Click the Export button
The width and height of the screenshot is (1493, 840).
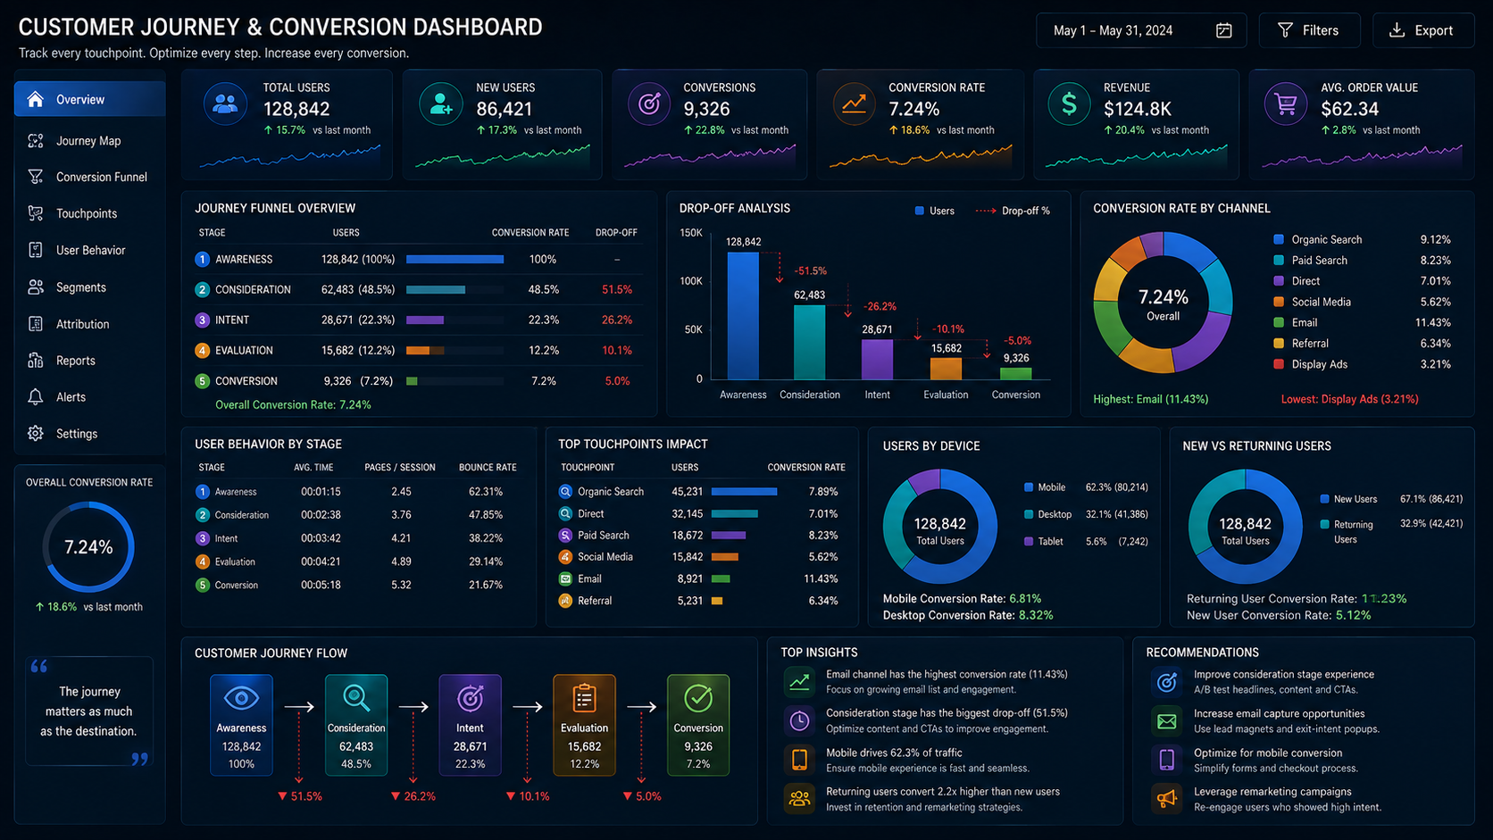1423,30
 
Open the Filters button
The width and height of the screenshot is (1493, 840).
1309,30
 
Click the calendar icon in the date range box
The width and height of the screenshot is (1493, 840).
1223,30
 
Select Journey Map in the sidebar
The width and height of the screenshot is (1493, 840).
88,140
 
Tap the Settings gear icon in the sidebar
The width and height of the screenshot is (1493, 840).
36,434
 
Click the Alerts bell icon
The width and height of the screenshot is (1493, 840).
36,397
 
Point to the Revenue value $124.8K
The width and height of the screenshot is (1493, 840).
1137,109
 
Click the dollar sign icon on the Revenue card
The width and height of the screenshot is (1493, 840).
1069,104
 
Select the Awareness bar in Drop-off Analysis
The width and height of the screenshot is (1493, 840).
743,316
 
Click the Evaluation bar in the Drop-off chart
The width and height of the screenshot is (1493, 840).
946,369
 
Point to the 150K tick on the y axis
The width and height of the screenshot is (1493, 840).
690,232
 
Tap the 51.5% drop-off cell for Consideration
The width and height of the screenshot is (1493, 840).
616,290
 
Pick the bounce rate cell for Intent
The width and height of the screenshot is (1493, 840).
485,538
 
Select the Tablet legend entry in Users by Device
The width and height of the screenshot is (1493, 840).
1044,542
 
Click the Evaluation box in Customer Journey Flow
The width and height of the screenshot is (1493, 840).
584,725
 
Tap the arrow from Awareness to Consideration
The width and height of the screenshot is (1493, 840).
299,707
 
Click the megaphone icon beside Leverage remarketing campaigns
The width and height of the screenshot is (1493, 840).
1166,798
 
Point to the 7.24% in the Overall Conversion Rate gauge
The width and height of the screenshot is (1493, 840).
88,547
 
